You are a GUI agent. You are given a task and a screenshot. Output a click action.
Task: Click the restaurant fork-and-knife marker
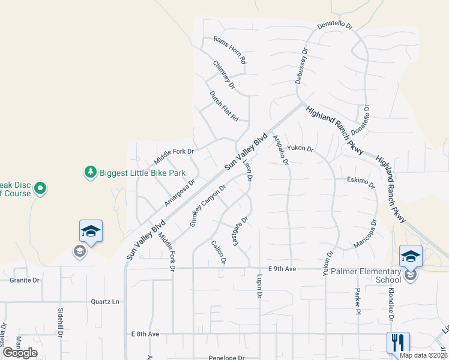[x=398, y=343]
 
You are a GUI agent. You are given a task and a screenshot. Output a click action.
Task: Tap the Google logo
[x=20, y=352]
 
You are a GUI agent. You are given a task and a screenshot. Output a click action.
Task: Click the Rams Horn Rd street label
[x=230, y=51]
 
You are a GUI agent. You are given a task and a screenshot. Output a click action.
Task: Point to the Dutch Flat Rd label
[x=224, y=106]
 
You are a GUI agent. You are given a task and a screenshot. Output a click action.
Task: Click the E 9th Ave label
[x=282, y=269]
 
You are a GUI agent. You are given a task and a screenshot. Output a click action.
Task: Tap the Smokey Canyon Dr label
[x=208, y=205]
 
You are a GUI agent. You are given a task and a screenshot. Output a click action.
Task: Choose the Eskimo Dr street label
[x=361, y=182]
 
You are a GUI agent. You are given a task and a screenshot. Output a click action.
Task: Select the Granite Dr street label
[x=25, y=280]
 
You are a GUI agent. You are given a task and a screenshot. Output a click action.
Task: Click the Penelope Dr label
[x=227, y=357]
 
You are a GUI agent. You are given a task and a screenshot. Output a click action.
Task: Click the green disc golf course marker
[x=40, y=189]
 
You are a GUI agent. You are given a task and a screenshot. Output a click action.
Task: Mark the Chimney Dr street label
[x=223, y=75]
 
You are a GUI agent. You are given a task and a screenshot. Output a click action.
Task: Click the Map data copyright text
[x=424, y=355]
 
